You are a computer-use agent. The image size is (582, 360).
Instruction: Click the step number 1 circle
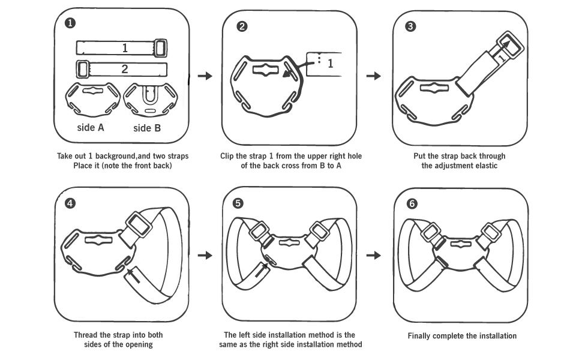point(71,24)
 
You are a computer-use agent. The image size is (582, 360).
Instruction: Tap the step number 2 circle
point(241,27)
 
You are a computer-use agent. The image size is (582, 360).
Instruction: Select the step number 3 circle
point(410,26)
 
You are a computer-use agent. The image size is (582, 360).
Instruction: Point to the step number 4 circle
point(71,203)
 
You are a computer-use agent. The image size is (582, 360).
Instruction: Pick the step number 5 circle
point(239,203)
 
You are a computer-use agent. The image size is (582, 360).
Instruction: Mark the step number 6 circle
point(412,203)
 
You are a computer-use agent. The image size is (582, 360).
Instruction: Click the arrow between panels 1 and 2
point(205,76)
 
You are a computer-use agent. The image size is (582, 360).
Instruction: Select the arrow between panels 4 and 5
point(205,255)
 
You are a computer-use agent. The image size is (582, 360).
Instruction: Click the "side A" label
point(91,127)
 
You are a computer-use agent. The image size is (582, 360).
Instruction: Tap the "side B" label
point(146,128)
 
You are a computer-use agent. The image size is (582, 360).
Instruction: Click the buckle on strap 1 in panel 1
point(160,48)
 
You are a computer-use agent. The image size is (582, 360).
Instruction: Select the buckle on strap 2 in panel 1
point(83,68)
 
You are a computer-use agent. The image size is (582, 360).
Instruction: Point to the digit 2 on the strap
point(125,68)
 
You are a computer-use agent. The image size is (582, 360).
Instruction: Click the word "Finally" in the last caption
point(421,336)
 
